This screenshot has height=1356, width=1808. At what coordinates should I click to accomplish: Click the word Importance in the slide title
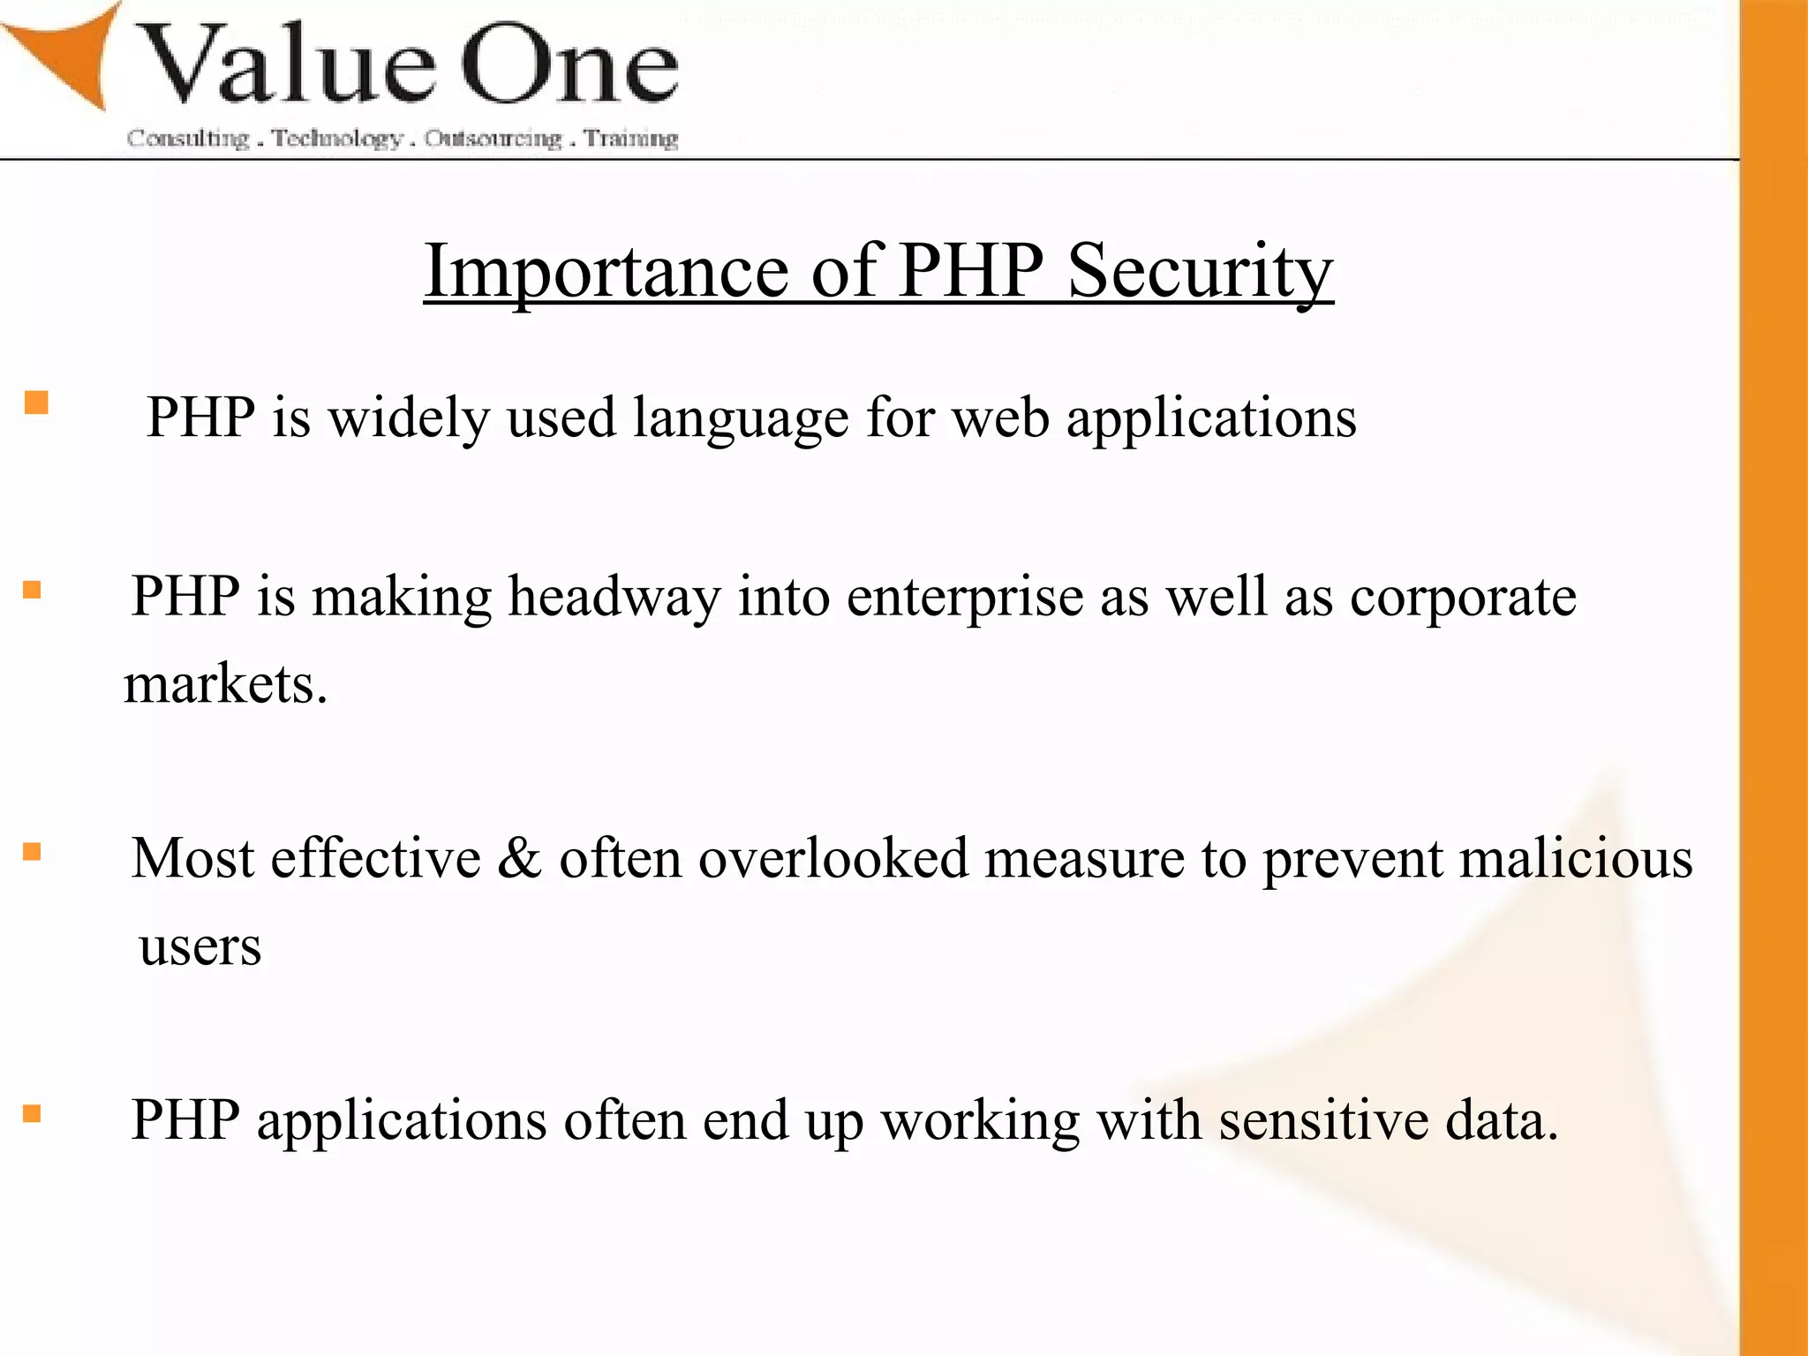tap(606, 271)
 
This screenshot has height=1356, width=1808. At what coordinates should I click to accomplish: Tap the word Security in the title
tap(1201, 271)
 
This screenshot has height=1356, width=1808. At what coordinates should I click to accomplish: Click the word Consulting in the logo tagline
tap(188, 139)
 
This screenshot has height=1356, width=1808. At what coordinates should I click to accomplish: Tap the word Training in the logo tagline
tap(631, 139)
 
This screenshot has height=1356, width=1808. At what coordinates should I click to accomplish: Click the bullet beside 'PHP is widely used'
tap(36, 403)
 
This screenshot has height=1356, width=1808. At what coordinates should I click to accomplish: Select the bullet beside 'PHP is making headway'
tap(33, 590)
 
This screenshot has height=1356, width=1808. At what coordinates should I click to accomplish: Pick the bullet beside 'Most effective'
tap(33, 852)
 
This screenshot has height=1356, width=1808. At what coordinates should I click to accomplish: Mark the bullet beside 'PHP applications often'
tap(33, 1113)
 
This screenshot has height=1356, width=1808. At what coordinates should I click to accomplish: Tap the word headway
tap(614, 597)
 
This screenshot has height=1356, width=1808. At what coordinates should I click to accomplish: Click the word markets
tap(225, 684)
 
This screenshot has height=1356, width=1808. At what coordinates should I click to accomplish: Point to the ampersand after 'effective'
tap(519, 858)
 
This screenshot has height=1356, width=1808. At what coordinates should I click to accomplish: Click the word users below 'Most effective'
tap(200, 947)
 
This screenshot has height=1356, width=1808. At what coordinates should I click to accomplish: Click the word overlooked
tap(833, 858)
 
